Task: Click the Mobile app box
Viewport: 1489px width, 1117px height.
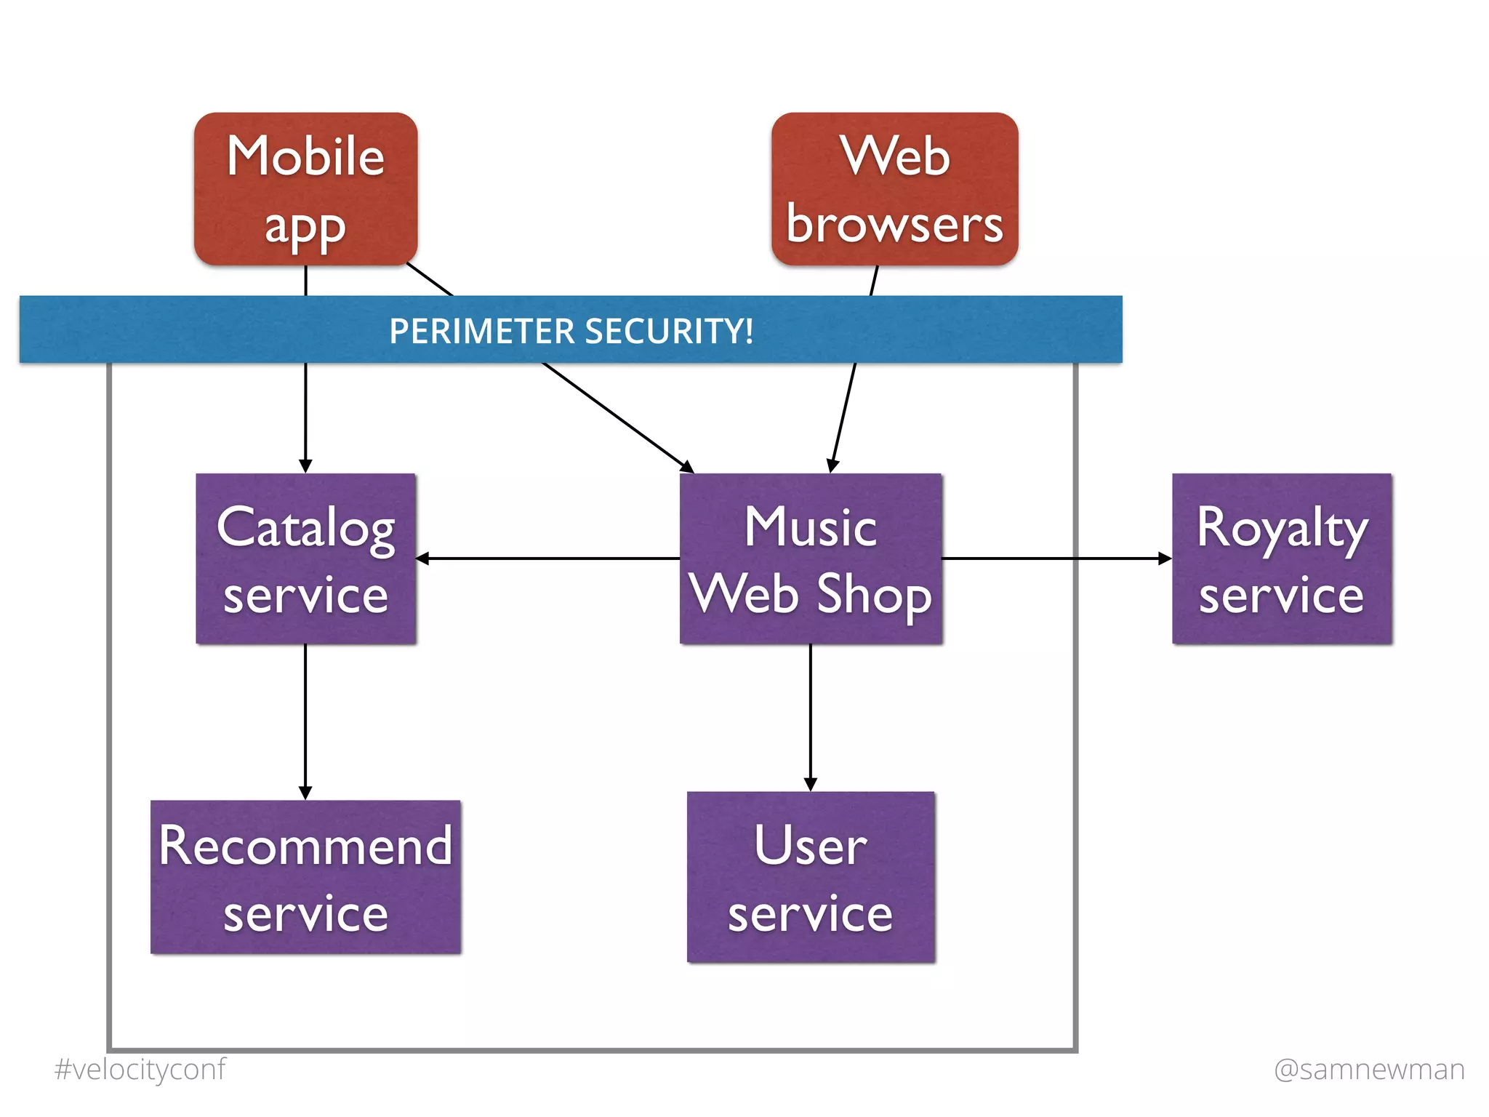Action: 305,189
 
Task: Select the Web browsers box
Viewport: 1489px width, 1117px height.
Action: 894,189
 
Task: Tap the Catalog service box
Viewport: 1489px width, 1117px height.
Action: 305,558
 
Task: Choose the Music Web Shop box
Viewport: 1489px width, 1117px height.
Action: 811,558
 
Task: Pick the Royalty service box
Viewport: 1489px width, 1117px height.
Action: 1282,558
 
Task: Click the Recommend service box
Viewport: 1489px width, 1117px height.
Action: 305,877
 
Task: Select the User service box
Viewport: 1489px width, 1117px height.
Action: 811,877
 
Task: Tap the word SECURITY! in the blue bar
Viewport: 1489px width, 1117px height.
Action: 669,332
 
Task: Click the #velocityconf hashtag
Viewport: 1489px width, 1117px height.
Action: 140,1069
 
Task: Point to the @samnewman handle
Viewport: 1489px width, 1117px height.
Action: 1369,1069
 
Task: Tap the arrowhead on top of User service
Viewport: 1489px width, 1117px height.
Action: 811,784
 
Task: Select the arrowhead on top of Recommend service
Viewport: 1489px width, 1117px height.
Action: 305,793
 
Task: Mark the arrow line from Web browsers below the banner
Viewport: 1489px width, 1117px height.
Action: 843,415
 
